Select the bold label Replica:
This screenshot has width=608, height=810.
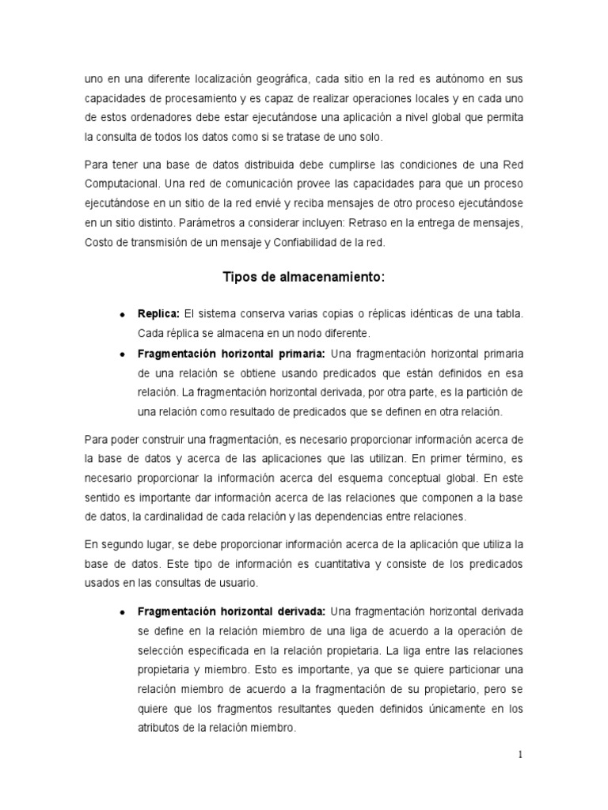[x=158, y=314]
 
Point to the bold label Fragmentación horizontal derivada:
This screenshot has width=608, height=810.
[x=231, y=611]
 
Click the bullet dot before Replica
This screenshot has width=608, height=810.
[x=123, y=315]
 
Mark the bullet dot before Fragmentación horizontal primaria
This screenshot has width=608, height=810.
[x=123, y=354]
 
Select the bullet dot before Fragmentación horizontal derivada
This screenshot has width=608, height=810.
[x=123, y=612]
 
